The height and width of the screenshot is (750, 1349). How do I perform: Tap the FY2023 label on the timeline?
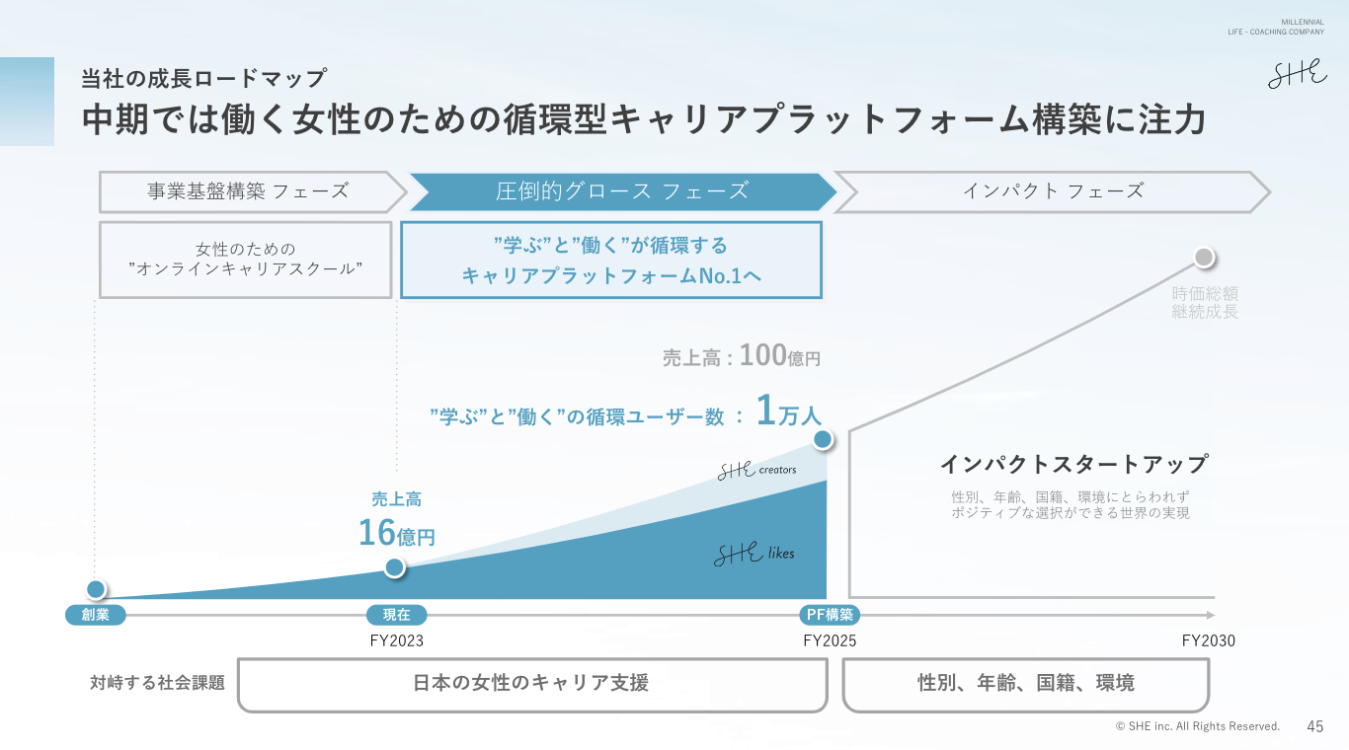[x=396, y=640]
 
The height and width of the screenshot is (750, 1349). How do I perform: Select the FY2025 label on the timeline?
[x=830, y=640]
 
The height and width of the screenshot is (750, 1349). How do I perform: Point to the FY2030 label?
[x=1208, y=640]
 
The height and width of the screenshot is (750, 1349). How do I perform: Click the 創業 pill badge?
[x=96, y=615]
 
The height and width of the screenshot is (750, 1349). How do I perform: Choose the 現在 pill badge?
[x=396, y=615]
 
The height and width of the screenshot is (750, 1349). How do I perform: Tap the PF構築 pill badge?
[x=830, y=615]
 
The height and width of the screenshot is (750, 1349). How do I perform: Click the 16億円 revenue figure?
[x=396, y=534]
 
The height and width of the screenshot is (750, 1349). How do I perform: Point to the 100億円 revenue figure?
[x=779, y=356]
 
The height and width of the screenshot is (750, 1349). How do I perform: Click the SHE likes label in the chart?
[x=754, y=555]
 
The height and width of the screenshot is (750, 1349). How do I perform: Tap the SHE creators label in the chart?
[x=756, y=470]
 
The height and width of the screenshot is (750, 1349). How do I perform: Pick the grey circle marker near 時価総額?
[x=1203, y=258]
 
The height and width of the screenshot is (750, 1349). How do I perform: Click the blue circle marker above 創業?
[x=96, y=590]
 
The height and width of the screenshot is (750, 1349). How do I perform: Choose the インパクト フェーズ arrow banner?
[x=1052, y=191]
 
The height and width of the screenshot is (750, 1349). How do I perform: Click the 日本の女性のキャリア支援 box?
[x=531, y=684]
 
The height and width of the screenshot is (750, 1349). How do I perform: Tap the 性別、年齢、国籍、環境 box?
[x=1025, y=684]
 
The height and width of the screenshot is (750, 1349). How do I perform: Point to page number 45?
[x=1314, y=726]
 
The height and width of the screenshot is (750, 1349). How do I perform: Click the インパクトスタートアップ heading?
[x=1073, y=464]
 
